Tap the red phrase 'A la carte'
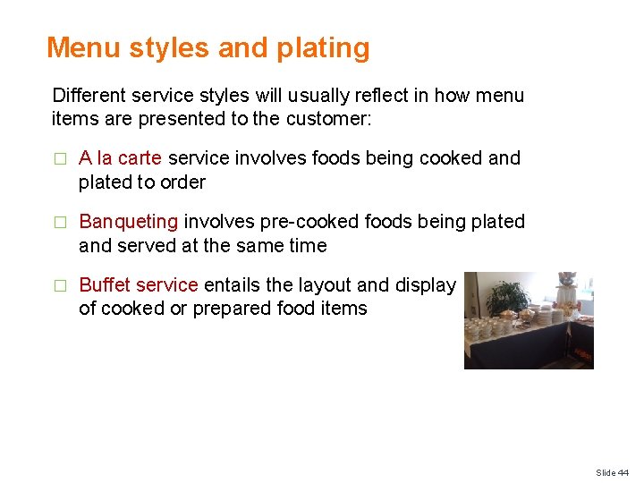120,158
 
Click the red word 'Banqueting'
129,222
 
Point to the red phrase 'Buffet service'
139,285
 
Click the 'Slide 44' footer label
612,472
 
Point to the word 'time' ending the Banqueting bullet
307,245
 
